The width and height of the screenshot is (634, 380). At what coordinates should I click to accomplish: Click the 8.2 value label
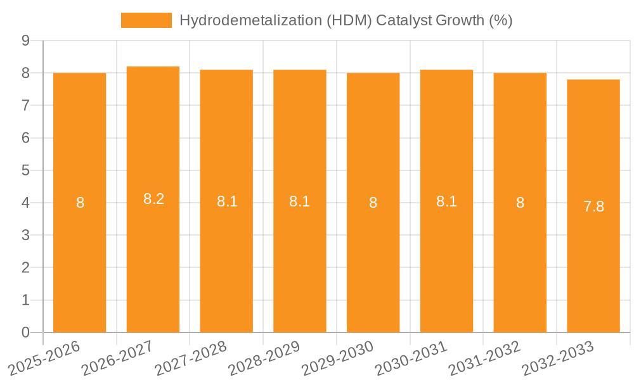pos(153,199)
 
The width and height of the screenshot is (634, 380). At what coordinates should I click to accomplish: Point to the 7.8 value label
pos(593,206)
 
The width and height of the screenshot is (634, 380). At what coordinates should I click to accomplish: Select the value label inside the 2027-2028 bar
pos(227,201)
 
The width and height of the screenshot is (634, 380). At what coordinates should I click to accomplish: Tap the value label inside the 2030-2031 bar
pos(446,201)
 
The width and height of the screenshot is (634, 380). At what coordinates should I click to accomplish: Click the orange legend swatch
pos(146,20)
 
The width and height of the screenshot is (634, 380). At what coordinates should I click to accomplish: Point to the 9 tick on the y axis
pos(26,41)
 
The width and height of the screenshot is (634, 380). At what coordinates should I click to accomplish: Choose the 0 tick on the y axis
pos(26,332)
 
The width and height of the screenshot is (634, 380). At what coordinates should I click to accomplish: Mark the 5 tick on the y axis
pos(26,170)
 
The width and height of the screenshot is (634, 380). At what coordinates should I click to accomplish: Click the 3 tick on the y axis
pos(26,236)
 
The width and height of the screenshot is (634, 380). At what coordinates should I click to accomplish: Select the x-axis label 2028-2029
pos(264,358)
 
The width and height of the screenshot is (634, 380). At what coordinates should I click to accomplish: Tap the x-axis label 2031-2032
pos(484,358)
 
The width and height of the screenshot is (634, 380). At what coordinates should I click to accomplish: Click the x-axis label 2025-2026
pos(44,358)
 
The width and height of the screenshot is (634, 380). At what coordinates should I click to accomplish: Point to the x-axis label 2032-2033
pos(557,358)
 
